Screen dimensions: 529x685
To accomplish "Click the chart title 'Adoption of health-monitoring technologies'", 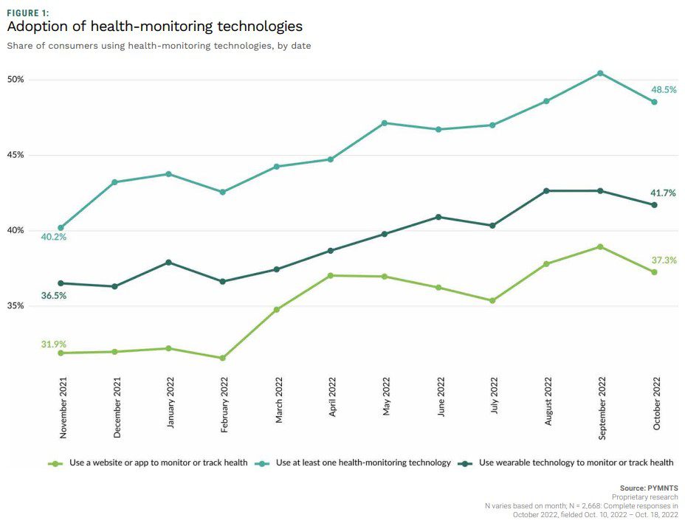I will [x=154, y=27].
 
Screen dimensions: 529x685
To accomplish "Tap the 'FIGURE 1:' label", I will [x=28, y=12].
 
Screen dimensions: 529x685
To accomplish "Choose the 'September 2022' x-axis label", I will [x=603, y=407].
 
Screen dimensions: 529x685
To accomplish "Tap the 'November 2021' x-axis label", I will [x=63, y=408].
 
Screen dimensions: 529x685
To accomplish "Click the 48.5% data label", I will [x=664, y=89].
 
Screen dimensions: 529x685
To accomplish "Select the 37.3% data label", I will [x=664, y=260].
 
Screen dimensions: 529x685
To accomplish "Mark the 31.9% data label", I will [x=54, y=344].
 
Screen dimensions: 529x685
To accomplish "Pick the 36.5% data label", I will [x=54, y=295].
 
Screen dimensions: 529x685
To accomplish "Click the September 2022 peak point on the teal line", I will [x=600, y=73].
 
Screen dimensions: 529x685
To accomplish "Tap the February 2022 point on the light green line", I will [x=222, y=358].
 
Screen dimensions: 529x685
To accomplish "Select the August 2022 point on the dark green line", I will [x=546, y=190].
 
